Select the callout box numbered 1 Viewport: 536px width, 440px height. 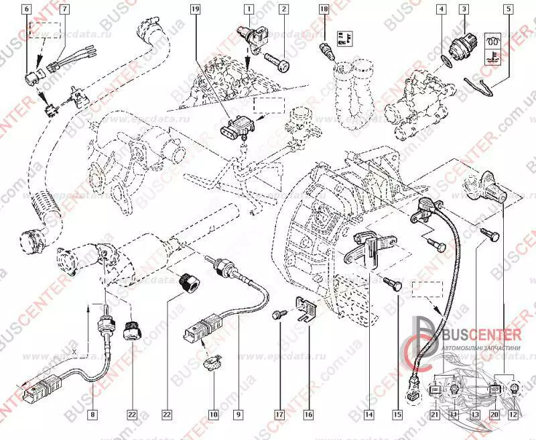click(x=249, y=9)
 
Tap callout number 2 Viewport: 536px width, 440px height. click(x=284, y=9)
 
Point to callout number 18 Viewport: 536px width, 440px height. click(x=324, y=9)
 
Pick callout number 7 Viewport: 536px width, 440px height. click(x=65, y=9)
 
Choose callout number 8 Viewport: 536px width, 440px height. click(x=92, y=415)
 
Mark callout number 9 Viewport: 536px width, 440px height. click(x=238, y=415)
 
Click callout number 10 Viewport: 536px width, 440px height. click(x=213, y=415)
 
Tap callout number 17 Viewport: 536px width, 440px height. click(x=278, y=415)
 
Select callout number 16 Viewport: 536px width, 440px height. click(x=308, y=415)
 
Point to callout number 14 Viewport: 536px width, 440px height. click(x=368, y=415)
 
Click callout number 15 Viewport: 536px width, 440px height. click(x=397, y=415)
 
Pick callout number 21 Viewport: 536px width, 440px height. click(x=434, y=415)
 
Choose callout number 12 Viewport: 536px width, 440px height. click(x=514, y=415)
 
